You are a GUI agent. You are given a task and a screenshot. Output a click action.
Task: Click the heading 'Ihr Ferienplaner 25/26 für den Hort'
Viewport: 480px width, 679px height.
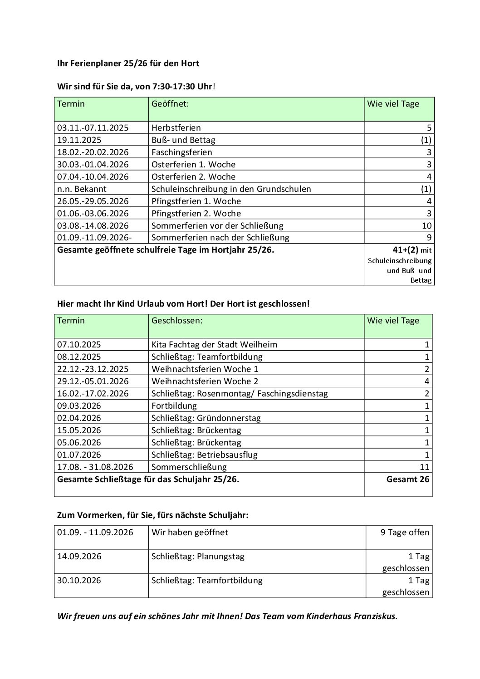(128, 64)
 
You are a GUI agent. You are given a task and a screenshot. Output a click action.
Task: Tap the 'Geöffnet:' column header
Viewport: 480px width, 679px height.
(170, 104)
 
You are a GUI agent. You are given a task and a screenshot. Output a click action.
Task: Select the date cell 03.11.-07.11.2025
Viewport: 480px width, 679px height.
(93, 128)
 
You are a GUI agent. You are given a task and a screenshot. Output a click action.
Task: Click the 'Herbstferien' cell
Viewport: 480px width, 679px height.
(176, 128)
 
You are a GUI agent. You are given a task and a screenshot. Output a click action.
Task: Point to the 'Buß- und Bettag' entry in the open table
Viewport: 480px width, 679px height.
(183, 140)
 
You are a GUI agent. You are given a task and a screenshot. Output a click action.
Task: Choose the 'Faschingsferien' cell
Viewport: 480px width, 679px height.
(181, 152)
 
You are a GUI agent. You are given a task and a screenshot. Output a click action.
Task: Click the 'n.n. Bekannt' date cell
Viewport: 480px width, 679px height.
(82, 189)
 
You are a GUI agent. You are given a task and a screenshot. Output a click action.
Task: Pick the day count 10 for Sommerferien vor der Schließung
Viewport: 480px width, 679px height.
(426, 226)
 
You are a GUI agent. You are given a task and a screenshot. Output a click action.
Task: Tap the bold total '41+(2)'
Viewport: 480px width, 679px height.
(405, 250)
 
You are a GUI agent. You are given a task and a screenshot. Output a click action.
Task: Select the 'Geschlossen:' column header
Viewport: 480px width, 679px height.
(177, 321)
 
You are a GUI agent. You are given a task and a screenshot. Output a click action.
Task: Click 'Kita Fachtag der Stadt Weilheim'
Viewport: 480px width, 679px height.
(214, 345)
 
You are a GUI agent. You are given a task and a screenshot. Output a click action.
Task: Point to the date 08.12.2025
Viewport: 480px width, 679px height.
(79, 357)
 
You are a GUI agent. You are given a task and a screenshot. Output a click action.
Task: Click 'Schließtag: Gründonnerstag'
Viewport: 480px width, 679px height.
(206, 418)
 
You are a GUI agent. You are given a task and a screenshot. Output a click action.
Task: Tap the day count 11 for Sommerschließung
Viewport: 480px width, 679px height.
(424, 467)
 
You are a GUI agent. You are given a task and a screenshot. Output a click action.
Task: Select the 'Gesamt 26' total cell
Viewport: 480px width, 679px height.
(407, 479)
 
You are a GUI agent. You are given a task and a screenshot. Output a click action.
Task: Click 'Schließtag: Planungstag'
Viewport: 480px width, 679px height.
(198, 557)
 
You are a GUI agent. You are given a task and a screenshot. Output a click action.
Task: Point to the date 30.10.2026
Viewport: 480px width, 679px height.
(79, 581)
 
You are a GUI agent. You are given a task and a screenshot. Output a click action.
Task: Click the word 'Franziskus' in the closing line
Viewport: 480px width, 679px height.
(375, 616)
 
